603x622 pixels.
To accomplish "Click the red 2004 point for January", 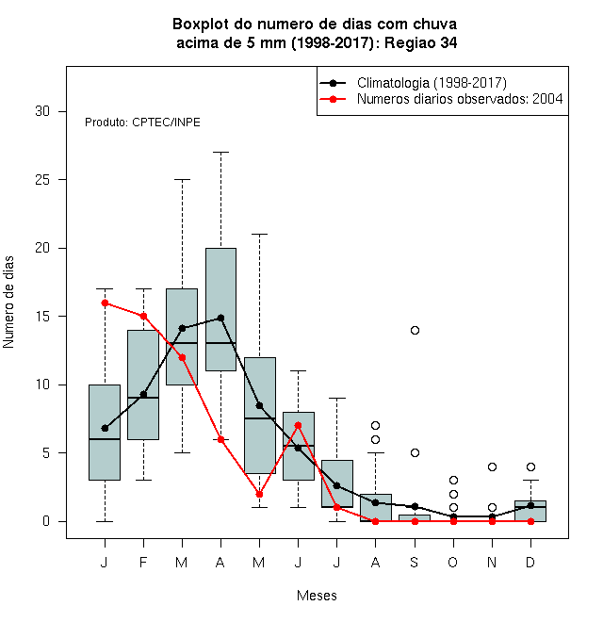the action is point(106,303).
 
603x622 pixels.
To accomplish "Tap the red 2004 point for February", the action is point(143,316).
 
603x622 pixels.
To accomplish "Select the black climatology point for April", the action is point(221,319).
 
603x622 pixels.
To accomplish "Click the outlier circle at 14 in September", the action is point(415,330).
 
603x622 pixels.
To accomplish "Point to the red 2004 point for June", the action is point(299,425).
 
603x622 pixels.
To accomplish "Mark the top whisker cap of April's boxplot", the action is point(221,152).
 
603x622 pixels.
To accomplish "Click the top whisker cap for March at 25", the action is point(183,179).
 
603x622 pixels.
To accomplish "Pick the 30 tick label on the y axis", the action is point(42,111).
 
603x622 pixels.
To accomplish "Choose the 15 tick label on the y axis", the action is point(42,316).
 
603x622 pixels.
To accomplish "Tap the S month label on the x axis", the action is point(415,562).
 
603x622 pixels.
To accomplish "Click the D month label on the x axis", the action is point(530,562).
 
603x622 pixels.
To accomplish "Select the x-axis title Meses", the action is point(317,596).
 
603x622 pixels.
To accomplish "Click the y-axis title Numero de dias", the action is point(8,303).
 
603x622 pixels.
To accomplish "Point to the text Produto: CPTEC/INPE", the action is point(142,123).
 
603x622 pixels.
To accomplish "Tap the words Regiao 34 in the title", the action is point(421,42).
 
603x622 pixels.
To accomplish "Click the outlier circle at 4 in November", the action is point(493,466).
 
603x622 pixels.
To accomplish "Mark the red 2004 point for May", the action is point(259,494).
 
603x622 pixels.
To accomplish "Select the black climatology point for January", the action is point(106,429).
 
